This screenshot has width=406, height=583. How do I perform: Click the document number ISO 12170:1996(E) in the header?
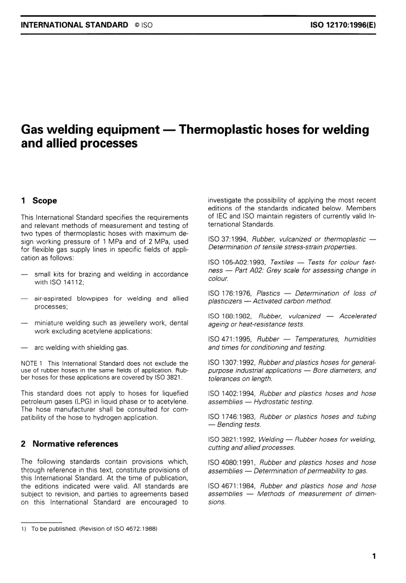[x=343, y=25]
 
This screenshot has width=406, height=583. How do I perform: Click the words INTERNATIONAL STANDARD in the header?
[x=74, y=25]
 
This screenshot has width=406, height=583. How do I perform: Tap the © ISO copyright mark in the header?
[x=143, y=25]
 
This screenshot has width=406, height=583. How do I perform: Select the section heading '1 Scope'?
[x=39, y=201]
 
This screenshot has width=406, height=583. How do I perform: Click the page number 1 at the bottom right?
[x=374, y=556]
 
